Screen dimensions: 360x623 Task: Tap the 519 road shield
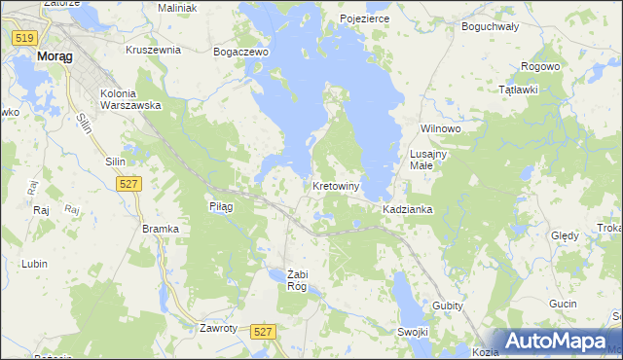coord(25,37)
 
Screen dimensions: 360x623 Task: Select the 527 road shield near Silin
coord(128,183)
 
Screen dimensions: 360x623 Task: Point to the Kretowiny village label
coord(337,186)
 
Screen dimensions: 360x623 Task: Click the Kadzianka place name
coord(407,209)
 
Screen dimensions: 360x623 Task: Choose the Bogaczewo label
coord(240,52)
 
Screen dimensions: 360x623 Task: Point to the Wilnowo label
coord(439,128)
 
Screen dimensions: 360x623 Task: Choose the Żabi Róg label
coord(297,279)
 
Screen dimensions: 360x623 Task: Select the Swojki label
coord(413,332)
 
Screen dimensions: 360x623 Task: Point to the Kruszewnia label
coord(154,49)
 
